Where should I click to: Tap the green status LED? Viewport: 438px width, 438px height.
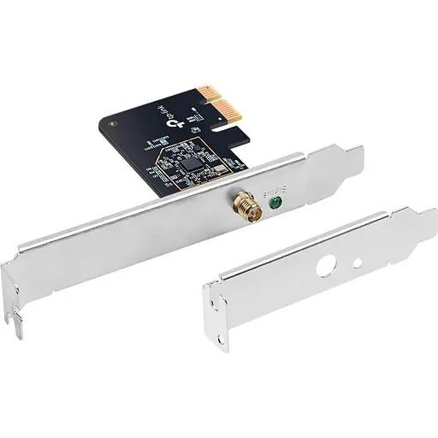tap(274, 203)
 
